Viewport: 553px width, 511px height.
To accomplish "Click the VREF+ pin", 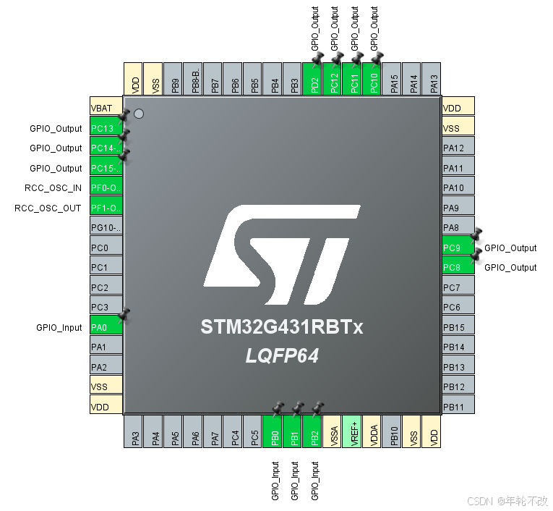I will click(352, 431).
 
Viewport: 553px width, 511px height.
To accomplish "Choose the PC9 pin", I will click(458, 248).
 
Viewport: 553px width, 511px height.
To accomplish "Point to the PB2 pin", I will click(313, 431).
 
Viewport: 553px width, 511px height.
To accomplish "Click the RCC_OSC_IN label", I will click(48, 188).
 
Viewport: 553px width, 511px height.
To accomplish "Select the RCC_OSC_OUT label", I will click(48, 208).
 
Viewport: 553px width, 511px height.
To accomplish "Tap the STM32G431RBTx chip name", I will click(281, 328).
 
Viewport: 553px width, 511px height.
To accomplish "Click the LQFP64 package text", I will click(281, 356).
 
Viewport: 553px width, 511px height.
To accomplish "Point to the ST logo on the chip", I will click(281, 253).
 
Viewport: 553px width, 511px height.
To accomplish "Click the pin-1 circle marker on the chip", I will click(139, 113).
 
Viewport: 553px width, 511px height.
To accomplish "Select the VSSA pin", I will click(333, 431).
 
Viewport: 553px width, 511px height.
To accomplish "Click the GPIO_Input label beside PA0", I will click(59, 327).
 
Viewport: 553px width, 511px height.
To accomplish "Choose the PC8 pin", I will click(458, 267).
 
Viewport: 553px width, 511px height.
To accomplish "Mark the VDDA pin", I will click(372, 431).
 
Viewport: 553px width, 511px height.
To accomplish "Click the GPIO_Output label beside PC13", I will click(56, 128).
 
